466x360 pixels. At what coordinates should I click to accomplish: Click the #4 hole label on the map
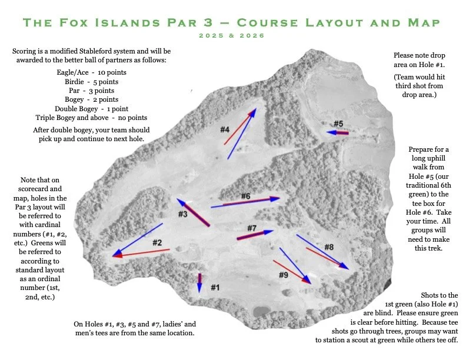pyautogui.click(x=225, y=129)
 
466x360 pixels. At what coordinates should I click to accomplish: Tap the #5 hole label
pyautogui.click(x=338, y=124)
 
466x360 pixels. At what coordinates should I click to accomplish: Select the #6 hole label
pyautogui.click(x=245, y=196)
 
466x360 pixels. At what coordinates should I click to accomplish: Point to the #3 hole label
pyautogui.click(x=182, y=214)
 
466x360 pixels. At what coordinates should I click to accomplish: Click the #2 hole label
pyautogui.click(x=157, y=242)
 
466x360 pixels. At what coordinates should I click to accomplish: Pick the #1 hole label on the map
pyautogui.click(x=215, y=288)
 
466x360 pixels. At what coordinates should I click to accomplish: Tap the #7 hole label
pyautogui.click(x=251, y=228)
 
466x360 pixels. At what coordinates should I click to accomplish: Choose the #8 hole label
pyautogui.click(x=329, y=247)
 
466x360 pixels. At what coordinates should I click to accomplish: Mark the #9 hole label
pyautogui.click(x=283, y=275)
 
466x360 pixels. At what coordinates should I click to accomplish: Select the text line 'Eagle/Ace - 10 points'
pyautogui.click(x=86, y=72)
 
